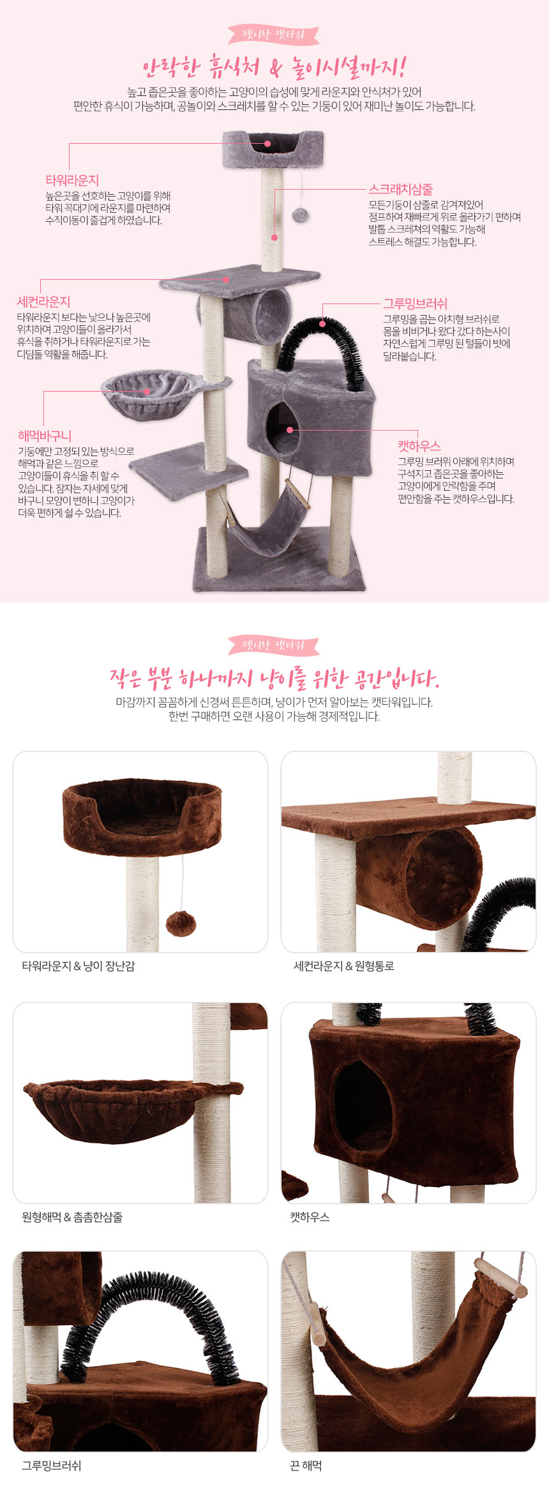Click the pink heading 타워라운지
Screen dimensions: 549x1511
[72, 180]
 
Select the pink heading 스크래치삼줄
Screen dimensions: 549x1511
[400, 189]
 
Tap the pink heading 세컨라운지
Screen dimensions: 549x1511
[43, 302]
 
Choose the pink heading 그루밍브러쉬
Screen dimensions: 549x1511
[415, 303]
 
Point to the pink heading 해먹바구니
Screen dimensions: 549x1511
[45, 436]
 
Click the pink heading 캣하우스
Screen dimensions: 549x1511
[419, 446]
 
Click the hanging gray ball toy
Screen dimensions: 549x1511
[300, 215]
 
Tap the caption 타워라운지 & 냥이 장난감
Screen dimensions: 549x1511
[79, 966]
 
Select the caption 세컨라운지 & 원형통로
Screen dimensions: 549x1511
[344, 966]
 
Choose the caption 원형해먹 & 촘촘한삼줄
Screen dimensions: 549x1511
[72, 1217]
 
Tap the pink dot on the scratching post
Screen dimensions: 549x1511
[274, 238]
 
